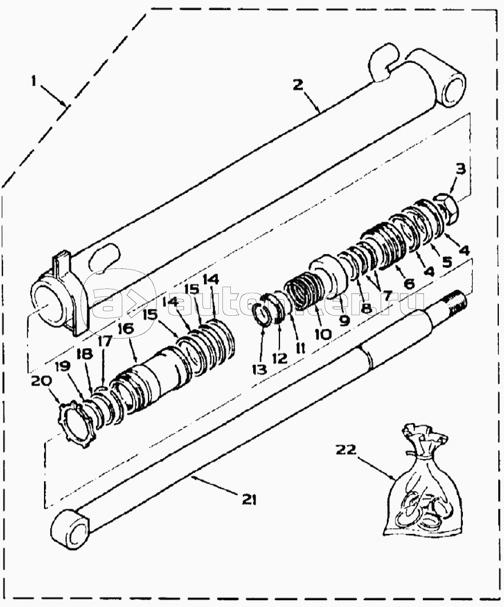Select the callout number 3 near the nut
point(461,168)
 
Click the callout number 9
point(344,320)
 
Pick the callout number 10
point(322,333)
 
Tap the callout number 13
point(260,369)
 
